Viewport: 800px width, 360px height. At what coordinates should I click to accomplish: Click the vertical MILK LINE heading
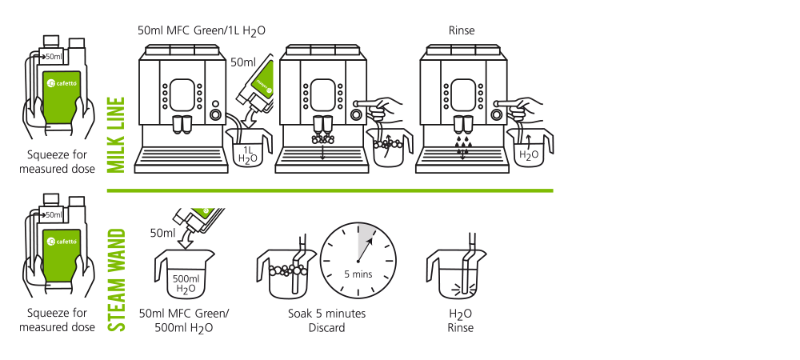116,134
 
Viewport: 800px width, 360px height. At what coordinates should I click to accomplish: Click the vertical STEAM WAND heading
118,280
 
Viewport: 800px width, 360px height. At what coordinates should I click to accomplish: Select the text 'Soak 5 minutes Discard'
326,320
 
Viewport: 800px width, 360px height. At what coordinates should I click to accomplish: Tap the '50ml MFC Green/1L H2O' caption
202,31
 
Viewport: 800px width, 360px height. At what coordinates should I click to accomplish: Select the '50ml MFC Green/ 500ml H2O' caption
182,320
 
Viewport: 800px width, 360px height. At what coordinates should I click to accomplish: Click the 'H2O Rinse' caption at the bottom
462,320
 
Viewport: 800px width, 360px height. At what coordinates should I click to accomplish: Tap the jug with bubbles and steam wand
282,274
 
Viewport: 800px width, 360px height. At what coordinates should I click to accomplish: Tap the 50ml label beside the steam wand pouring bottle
162,232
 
